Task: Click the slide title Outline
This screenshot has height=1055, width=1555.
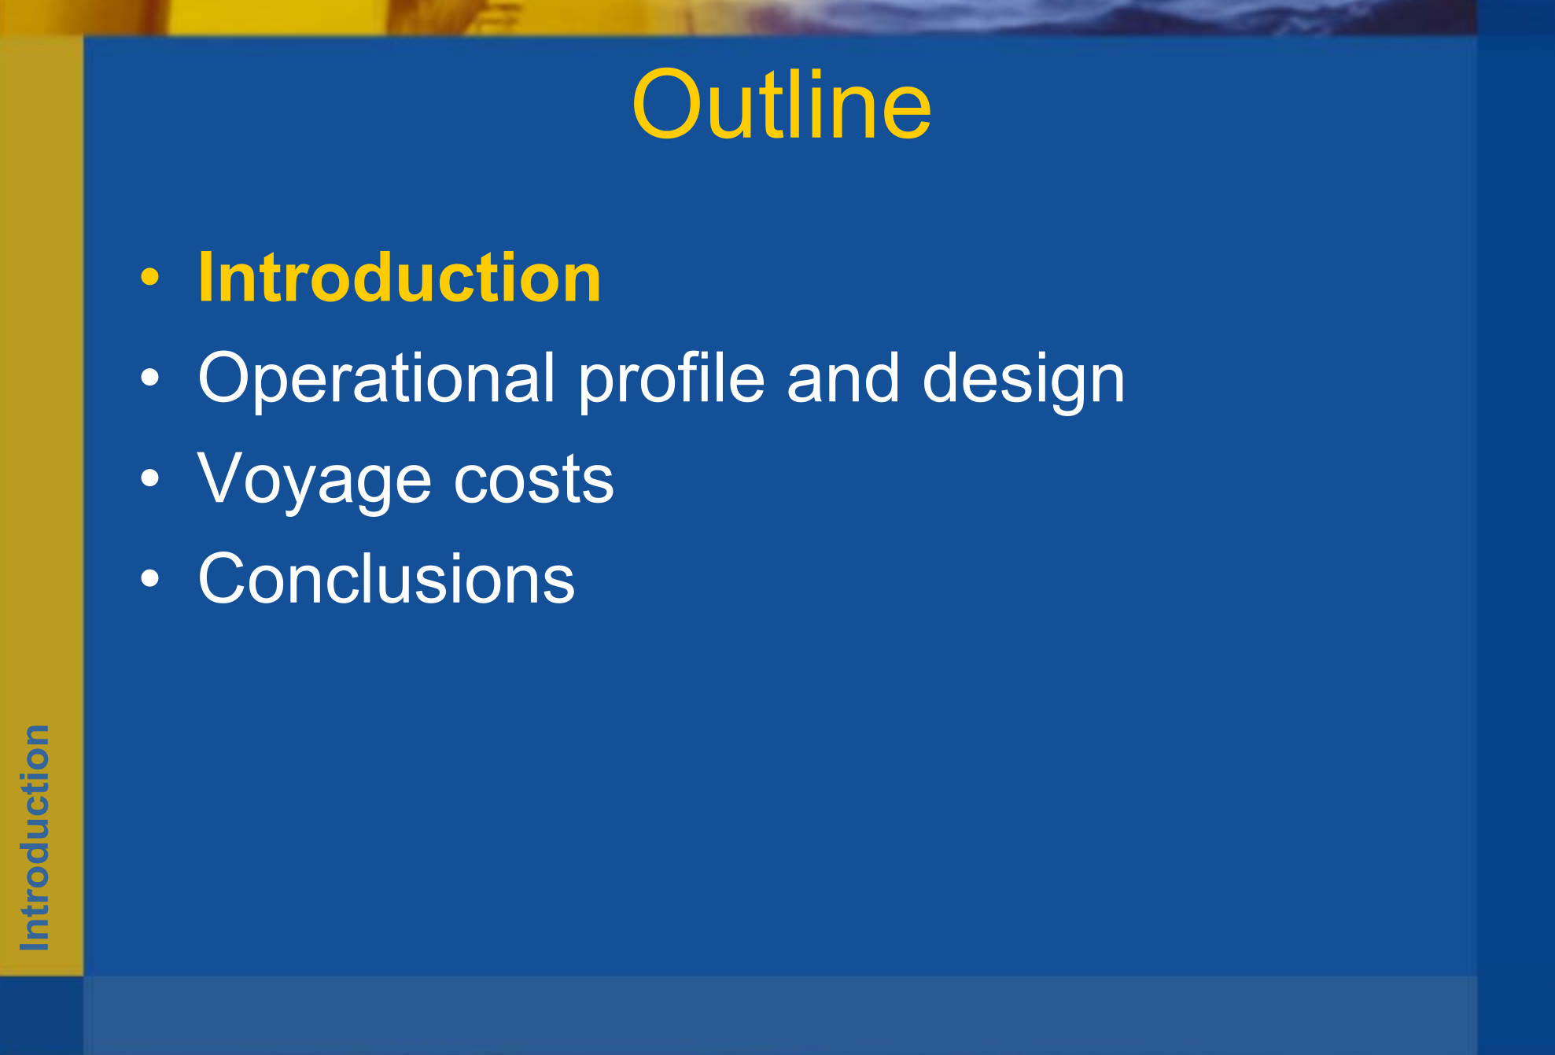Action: coord(781,105)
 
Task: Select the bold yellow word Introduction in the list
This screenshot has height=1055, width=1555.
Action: coord(400,277)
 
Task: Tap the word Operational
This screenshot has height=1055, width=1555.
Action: coord(377,378)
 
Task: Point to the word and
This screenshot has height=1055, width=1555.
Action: coord(842,378)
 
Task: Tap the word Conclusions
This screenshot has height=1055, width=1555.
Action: coord(386,578)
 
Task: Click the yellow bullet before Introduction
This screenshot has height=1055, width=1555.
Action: coord(149,277)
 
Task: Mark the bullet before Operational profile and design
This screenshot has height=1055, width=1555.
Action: coord(149,378)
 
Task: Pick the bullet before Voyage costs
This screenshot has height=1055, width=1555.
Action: coord(149,478)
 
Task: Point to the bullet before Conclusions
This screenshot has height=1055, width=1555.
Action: coord(149,578)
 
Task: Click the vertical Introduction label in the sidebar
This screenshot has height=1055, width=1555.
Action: coord(35,838)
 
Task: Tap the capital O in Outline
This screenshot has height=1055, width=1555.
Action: coord(666,105)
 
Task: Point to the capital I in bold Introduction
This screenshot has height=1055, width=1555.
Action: coord(206,277)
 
